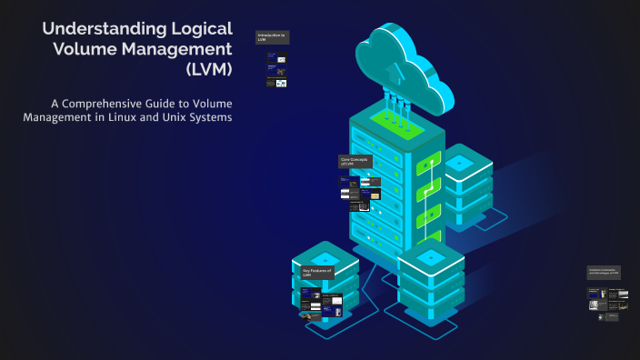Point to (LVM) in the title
[208, 69]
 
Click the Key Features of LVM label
[318, 272]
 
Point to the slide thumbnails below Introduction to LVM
[276, 70]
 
